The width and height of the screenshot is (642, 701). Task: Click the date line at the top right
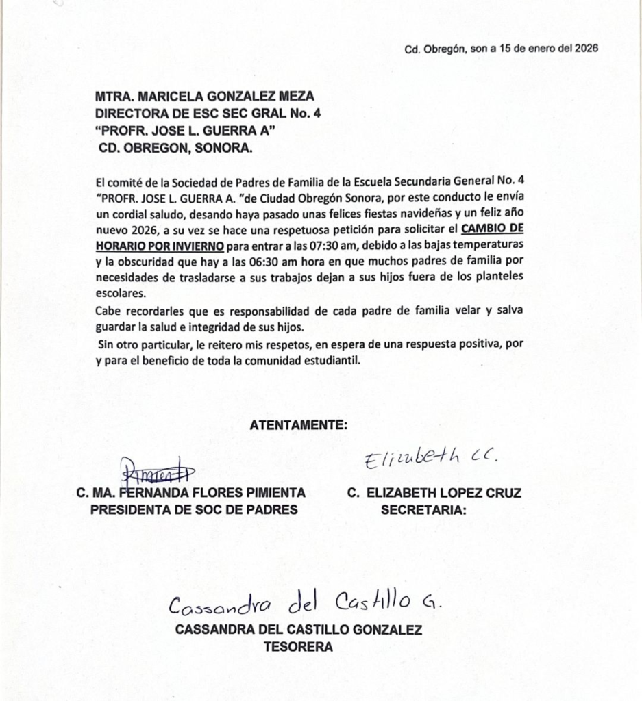point(502,49)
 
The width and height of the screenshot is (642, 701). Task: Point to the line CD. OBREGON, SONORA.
point(176,147)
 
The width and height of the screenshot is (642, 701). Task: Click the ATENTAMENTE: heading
point(299,425)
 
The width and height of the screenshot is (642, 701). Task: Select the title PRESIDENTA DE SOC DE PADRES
point(194,509)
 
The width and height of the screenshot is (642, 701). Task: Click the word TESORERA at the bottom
point(298,646)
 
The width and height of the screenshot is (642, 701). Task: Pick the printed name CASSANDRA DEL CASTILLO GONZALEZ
point(299,630)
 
